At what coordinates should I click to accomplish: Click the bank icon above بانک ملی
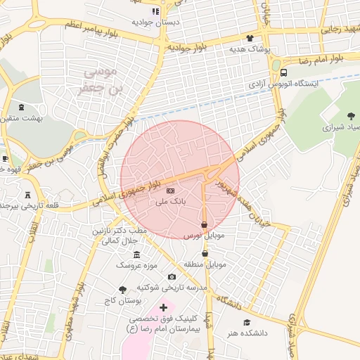pos(169,191)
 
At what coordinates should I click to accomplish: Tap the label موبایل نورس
pos(204,236)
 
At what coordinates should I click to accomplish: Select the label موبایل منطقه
pos(205,265)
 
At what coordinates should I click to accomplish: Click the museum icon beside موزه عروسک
pos(136,255)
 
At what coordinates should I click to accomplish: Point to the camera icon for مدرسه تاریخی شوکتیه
pos(172,277)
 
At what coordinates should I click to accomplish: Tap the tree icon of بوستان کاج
pos(123,290)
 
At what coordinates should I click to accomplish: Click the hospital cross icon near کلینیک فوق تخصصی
pos(164,307)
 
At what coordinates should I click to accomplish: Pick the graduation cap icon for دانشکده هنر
pos(246,323)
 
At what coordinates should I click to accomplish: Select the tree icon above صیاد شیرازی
pos(351,116)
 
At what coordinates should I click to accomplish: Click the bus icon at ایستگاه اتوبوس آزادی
pos(283,72)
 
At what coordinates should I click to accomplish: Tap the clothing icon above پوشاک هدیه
pos(250,39)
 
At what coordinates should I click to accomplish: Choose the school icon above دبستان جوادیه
pos(155,11)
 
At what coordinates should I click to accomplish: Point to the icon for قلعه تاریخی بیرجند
pos(27,194)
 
